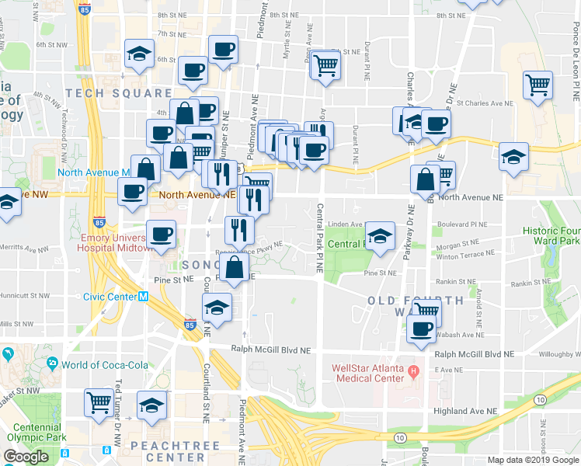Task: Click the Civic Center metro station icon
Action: (143, 296)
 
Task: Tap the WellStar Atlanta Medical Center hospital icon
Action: (414, 368)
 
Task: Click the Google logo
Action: (26, 457)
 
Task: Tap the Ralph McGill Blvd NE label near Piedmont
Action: (270, 350)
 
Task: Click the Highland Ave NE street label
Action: (465, 411)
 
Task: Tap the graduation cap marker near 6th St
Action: (138, 54)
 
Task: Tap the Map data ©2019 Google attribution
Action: (533, 460)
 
